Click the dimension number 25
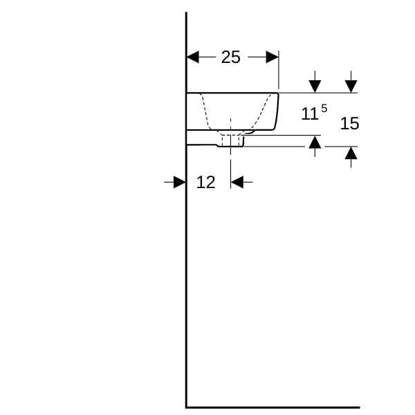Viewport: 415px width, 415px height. (x=230, y=57)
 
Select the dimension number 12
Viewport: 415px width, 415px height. (x=205, y=183)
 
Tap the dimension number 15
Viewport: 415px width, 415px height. (x=349, y=123)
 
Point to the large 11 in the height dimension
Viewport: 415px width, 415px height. (x=310, y=114)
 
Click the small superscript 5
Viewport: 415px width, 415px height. (x=324, y=108)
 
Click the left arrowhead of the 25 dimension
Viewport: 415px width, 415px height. (x=193, y=57)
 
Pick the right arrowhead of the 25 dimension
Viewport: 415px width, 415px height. (x=272, y=57)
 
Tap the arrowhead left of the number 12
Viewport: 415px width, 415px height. (x=179, y=182)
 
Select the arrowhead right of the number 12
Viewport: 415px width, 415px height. (x=237, y=182)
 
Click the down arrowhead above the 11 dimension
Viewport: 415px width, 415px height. (x=315, y=86)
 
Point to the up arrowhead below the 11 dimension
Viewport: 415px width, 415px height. (x=315, y=142)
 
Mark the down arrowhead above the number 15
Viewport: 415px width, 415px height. (x=351, y=86)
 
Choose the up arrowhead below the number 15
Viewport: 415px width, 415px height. (x=351, y=153)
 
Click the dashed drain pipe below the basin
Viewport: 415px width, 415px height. (x=230, y=140)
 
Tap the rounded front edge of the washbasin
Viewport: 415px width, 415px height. (x=277, y=111)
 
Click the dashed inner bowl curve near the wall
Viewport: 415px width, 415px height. (x=205, y=111)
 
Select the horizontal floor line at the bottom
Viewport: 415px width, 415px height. (x=273, y=407)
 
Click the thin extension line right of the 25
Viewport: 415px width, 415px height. (x=279, y=70)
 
